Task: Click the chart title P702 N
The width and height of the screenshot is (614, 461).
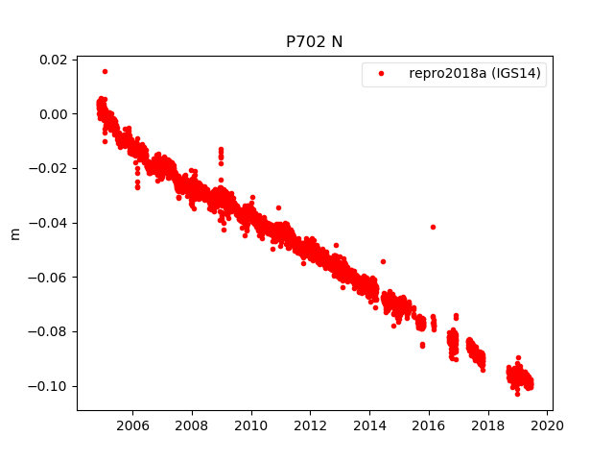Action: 314,42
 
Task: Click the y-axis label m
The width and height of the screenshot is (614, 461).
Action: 14,233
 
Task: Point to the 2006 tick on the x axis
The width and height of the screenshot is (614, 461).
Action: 132,424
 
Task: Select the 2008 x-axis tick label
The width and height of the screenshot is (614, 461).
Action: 192,424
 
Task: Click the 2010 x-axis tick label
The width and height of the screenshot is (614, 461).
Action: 251,424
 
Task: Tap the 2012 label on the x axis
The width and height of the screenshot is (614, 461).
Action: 311,424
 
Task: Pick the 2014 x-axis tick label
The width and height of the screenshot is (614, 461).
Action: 370,424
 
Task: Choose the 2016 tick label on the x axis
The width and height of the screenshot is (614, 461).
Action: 429,424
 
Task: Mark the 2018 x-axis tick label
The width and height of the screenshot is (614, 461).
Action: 488,424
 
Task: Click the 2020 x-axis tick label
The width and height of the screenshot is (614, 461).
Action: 548,424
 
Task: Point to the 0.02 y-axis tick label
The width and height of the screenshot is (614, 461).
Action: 52,60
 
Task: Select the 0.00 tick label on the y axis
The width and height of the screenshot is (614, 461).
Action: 52,114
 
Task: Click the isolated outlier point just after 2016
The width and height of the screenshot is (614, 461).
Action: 433,227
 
